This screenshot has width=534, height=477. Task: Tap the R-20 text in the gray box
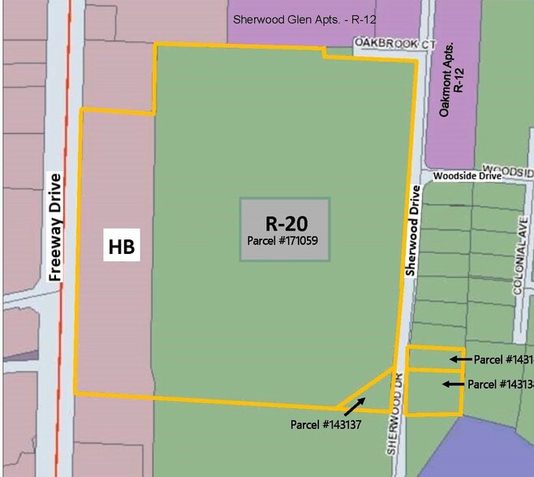(286, 223)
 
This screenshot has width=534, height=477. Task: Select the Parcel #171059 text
(285, 241)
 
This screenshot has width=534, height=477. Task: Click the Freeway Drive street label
(55, 227)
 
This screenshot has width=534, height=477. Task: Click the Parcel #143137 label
(325, 424)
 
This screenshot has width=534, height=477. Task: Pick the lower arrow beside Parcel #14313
(454, 384)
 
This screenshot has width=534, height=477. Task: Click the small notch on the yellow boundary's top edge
(324, 53)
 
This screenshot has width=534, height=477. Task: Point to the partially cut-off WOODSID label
(514, 172)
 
